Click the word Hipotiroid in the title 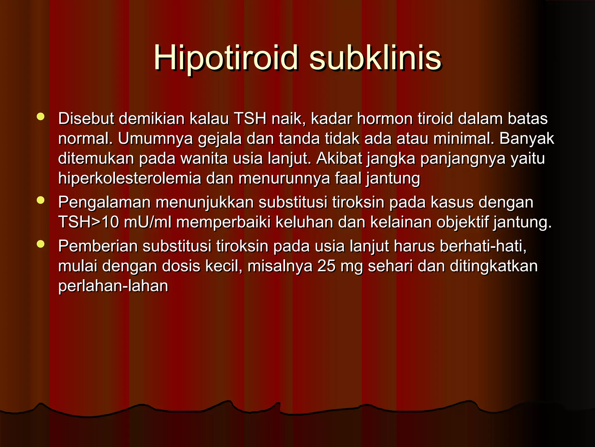tap(226, 58)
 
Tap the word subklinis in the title tap(375, 58)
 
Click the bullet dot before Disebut tap(41, 117)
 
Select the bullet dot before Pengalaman tap(41, 200)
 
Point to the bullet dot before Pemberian tap(41, 244)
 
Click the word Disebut tap(86, 119)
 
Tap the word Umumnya tap(155, 139)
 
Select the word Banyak tap(526, 139)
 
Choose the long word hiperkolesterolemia tap(130, 178)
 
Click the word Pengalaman tap(104, 203)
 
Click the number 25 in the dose tap(327, 266)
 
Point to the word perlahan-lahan tap(113, 286)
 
